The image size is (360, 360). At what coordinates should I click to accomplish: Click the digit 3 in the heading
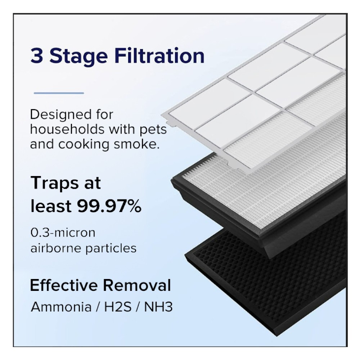(x=37, y=55)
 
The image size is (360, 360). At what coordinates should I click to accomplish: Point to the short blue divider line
(x=59, y=93)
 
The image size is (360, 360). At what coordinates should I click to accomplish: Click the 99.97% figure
(x=109, y=206)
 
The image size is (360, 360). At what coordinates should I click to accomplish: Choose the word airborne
(x=56, y=248)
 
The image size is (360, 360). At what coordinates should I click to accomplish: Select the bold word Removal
(x=137, y=285)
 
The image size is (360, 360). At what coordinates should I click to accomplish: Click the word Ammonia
(x=61, y=307)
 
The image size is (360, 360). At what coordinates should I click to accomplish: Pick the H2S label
(x=118, y=307)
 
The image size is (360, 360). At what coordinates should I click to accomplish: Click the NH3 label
(x=158, y=307)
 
